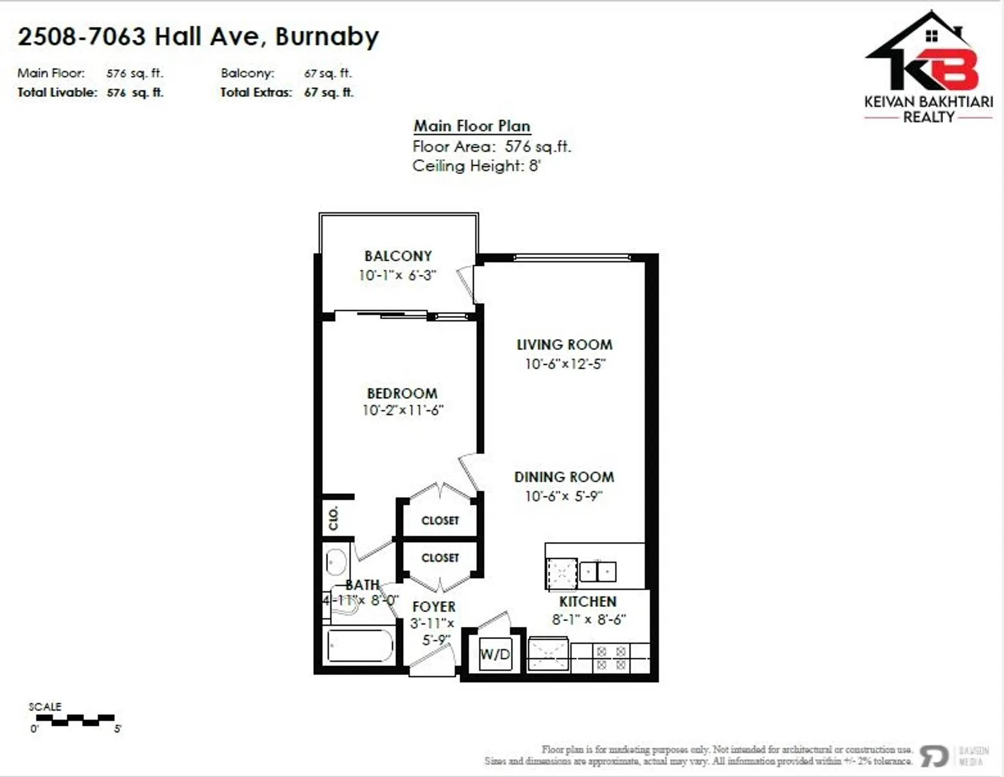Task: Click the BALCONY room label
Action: (398, 256)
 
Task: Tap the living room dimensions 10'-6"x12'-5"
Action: (565, 364)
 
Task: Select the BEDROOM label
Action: (402, 393)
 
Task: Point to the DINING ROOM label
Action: (564, 477)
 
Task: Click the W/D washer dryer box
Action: (495, 654)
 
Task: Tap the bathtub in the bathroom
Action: (360, 646)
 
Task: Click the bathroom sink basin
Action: (335, 562)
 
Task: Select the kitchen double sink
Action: (598, 572)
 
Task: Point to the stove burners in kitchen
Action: (611, 658)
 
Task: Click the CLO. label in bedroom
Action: (334, 518)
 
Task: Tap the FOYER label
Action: (433, 607)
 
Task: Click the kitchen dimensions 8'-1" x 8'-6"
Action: (588, 620)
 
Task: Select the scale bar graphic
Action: (75, 720)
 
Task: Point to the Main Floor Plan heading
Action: (472, 126)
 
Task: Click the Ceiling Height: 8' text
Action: (476, 166)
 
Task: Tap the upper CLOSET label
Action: (440, 521)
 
